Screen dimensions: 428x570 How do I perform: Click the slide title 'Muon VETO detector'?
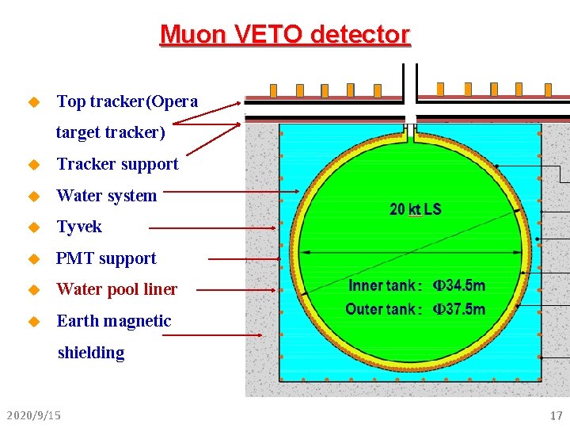[285, 35]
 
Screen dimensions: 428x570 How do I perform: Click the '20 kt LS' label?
[416, 210]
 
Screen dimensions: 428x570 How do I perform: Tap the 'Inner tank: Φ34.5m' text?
[416, 285]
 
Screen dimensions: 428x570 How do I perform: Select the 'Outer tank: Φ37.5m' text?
[416, 309]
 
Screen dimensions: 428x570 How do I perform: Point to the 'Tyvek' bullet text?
[79, 227]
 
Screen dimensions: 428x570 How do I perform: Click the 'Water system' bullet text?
[107, 196]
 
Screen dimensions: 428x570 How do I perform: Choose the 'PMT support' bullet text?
[106, 258]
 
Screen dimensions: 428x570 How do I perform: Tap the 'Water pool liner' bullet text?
[117, 289]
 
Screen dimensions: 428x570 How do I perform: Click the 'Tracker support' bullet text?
[118, 164]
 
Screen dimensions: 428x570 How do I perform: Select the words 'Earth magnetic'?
[114, 321]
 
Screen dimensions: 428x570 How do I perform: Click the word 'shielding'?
[91, 353]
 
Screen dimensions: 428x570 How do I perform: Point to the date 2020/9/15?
[33, 415]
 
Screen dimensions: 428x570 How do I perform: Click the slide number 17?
[556, 415]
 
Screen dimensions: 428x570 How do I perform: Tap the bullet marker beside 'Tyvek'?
[33, 227]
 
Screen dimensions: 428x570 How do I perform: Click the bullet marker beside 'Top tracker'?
[33, 102]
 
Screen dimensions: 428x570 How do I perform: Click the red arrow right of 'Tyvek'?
[214, 228]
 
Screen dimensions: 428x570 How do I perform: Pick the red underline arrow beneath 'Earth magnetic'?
[210, 335]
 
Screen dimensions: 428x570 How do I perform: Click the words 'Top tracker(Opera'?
[127, 101]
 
